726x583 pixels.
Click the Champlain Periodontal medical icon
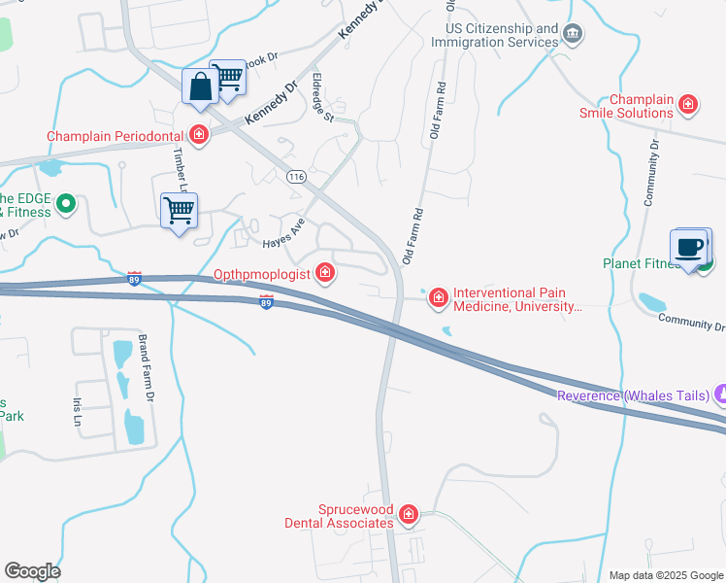(x=199, y=135)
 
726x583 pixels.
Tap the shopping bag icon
(x=200, y=86)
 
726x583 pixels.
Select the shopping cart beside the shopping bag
(x=229, y=77)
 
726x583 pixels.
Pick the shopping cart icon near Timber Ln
(x=179, y=209)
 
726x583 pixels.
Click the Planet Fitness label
(x=643, y=262)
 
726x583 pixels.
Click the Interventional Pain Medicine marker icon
(x=439, y=297)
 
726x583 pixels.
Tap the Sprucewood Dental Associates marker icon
(x=409, y=514)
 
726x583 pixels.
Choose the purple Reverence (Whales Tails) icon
(x=719, y=394)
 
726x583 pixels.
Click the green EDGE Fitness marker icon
(x=66, y=203)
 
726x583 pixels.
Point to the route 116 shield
(x=296, y=176)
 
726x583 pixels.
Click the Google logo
(x=32, y=571)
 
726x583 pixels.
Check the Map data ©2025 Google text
(x=665, y=575)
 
